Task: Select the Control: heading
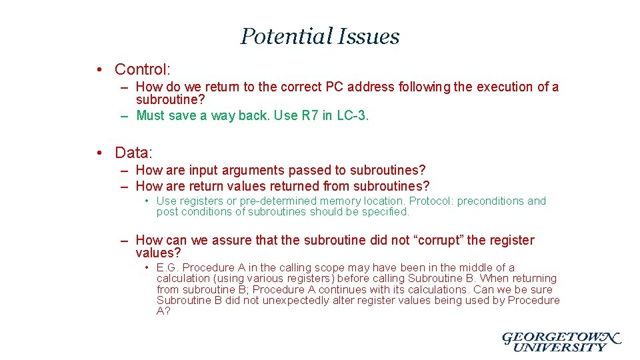(x=143, y=69)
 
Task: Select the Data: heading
(x=133, y=153)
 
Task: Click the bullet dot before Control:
(x=98, y=69)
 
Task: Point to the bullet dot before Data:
(x=98, y=153)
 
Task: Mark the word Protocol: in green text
(x=431, y=201)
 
